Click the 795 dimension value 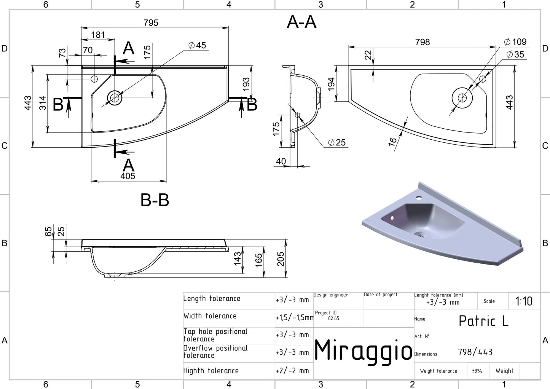(x=151, y=23)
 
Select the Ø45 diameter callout (x=198, y=45)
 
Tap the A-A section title (x=301, y=22)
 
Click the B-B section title (x=155, y=200)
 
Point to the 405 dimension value (x=128, y=176)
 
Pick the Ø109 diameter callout (x=515, y=42)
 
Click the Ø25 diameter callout (x=337, y=142)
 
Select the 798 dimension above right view (x=422, y=42)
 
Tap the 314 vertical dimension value (x=43, y=103)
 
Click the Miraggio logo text (x=363, y=351)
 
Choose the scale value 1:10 (x=524, y=301)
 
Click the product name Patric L (x=483, y=321)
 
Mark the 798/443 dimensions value (x=475, y=352)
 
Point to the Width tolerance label (x=210, y=316)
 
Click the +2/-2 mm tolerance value (x=292, y=371)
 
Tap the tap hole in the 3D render (x=419, y=198)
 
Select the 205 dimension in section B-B (x=281, y=259)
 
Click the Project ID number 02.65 (x=333, y=318)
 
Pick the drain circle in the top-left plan (x=115, y=98)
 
